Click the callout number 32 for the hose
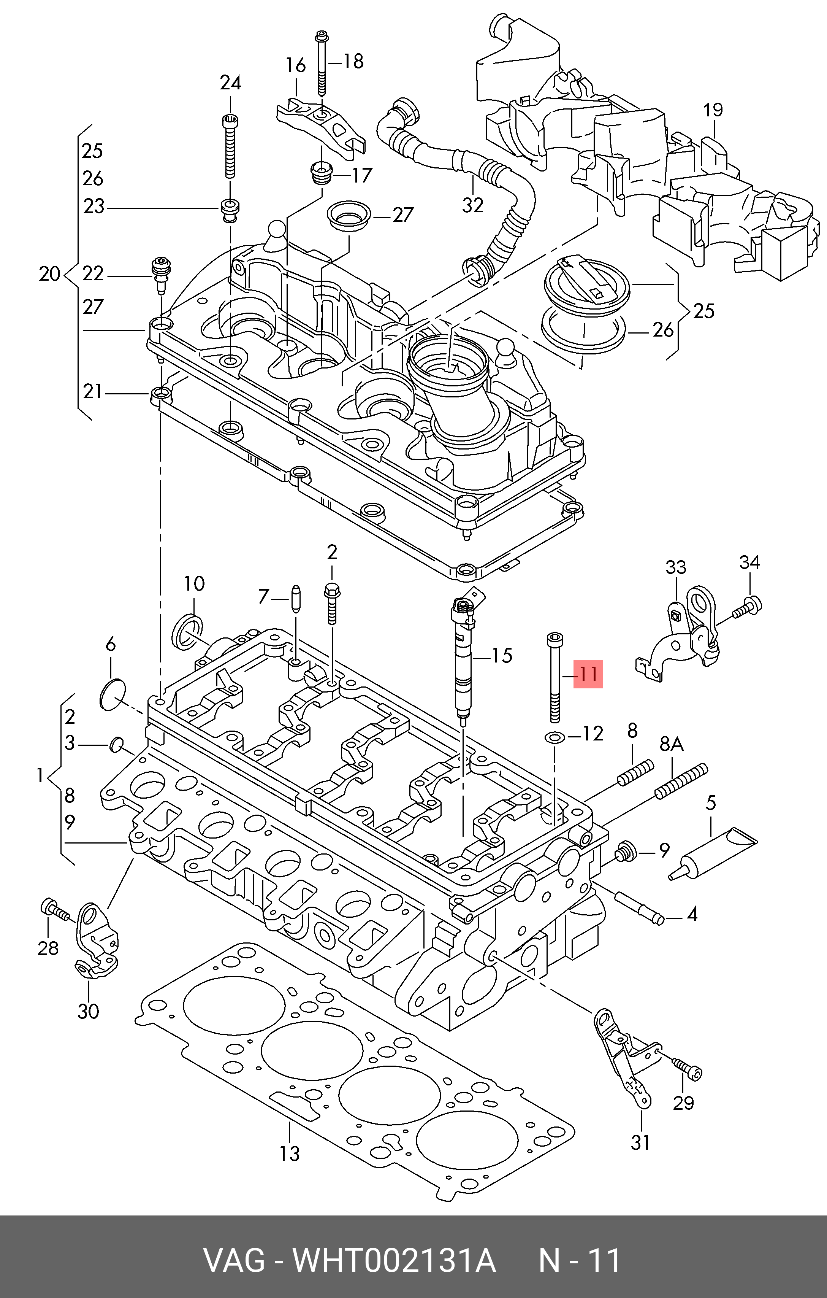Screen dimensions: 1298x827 [472, 205]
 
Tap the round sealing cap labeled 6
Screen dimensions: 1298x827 [112, 695]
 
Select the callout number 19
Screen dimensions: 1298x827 [713, 110]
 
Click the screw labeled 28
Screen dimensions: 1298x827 [54, 911]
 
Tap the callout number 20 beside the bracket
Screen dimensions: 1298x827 [49, 274]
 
